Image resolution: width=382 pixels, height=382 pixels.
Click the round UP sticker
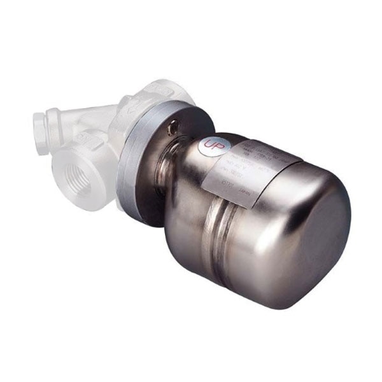tap(209, 147)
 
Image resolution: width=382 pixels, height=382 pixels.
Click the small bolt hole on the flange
tap(172, 130)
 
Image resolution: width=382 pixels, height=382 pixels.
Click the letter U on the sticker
tap(206, 146)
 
